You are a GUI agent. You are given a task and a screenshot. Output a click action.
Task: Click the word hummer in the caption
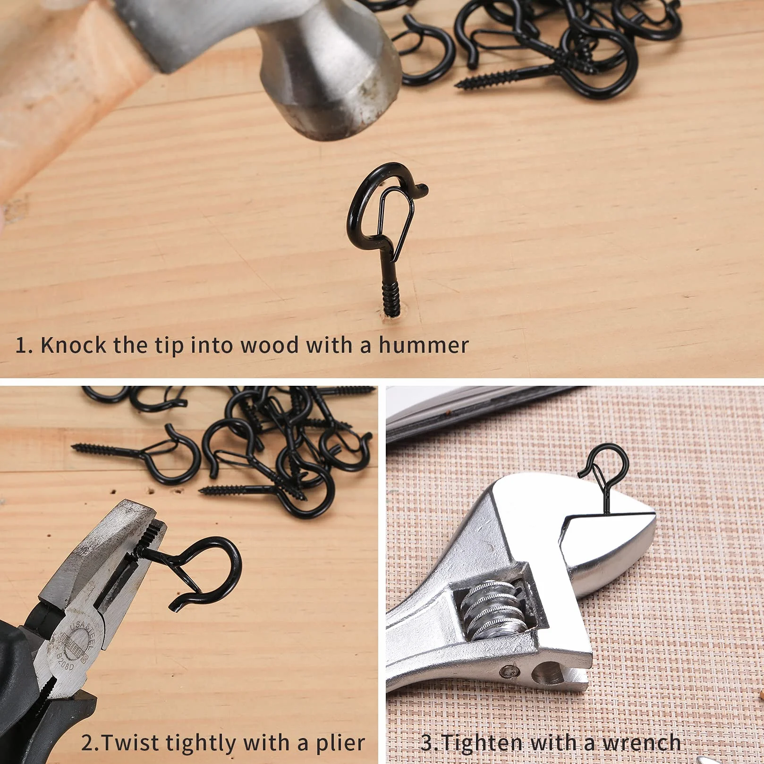[423, 345]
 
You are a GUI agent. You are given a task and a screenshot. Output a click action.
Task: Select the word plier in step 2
[340, 743]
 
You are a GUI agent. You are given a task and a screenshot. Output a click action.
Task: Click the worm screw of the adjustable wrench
[491, 609]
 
